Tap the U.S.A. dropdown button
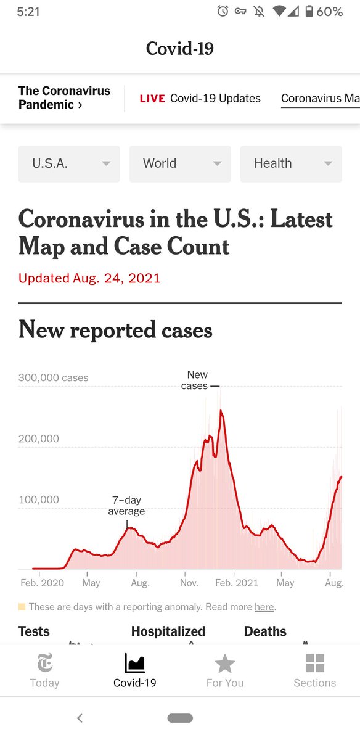[x=69, y=163]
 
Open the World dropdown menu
[x=180, y=163]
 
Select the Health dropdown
[x=291, y=163]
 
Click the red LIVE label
[x=152, y=99]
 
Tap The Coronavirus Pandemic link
[x=64, y=97]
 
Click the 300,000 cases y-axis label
[x=54, y=377]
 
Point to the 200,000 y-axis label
[x=39, y=438]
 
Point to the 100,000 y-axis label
[x=39, y=499]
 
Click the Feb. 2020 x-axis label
[x=42, y=583]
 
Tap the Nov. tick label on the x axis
[x=189, y=583]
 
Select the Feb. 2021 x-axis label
[x=237, y=583]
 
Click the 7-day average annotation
[x=126, y=506]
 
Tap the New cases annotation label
[x=196, y=380]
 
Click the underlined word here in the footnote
[x=264, y=607]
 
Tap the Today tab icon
[x=45, y=664]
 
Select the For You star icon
[x=225, y=664]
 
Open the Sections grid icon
[x=315, y=664]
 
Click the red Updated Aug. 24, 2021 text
[x=89, y=278]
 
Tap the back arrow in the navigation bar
[x=79, y=718]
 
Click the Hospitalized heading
[x=168, y=631]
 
